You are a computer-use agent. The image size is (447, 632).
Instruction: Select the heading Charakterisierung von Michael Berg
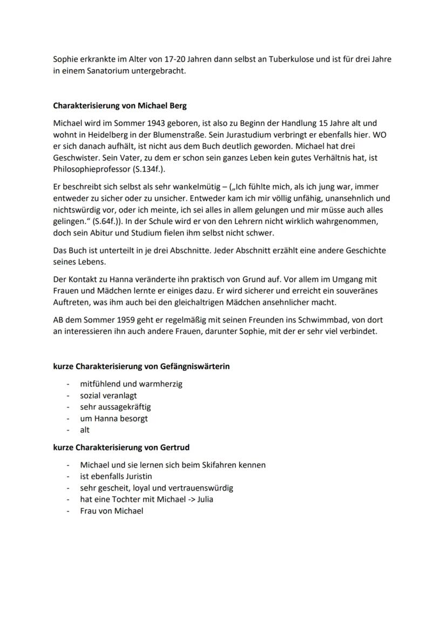pos(119,106)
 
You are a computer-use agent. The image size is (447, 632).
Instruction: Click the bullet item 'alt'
pos(85,430)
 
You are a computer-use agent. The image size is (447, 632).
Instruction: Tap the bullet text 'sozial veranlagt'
pos(109,396)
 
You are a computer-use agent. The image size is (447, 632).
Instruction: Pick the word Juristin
pos(133,476)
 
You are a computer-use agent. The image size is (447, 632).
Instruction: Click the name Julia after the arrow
pos(202,499)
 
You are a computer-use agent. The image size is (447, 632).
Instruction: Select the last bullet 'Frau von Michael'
pos(111,511)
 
